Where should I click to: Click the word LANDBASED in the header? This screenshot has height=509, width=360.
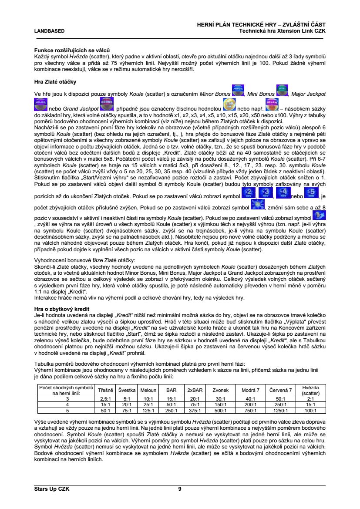pos(49,31)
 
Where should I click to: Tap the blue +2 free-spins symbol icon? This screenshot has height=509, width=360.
pos(248,192)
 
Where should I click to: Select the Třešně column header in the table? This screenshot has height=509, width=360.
pos(106,391)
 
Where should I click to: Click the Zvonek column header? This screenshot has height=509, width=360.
pos(220,391)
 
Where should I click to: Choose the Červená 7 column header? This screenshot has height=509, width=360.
pos(281,391)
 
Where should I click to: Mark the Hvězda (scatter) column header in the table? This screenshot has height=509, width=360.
pos(310,391)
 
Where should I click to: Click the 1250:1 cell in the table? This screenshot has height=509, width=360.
pos(281,410)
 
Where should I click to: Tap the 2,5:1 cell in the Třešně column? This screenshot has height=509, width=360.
pos(106,398)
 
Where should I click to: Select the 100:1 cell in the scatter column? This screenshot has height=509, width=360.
pos(310,410)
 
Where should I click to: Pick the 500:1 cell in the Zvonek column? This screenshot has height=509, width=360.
pos(220,410)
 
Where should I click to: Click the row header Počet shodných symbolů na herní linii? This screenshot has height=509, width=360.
pos(67,390)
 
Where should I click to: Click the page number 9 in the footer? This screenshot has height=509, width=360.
pos(180,489)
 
